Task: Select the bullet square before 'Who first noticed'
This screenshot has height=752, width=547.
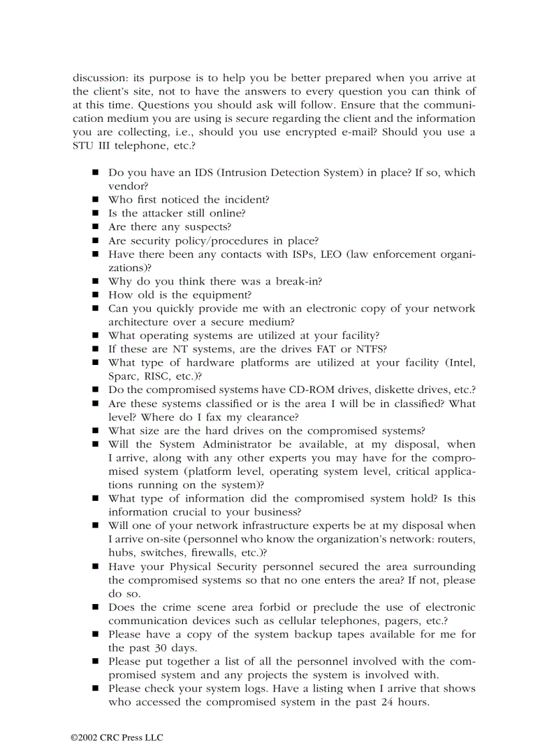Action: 96,200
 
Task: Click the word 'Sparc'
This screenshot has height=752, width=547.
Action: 123,376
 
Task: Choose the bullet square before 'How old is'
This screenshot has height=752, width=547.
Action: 96,295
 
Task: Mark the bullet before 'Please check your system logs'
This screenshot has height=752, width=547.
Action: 96,689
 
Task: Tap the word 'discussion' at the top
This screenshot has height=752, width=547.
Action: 98,78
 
